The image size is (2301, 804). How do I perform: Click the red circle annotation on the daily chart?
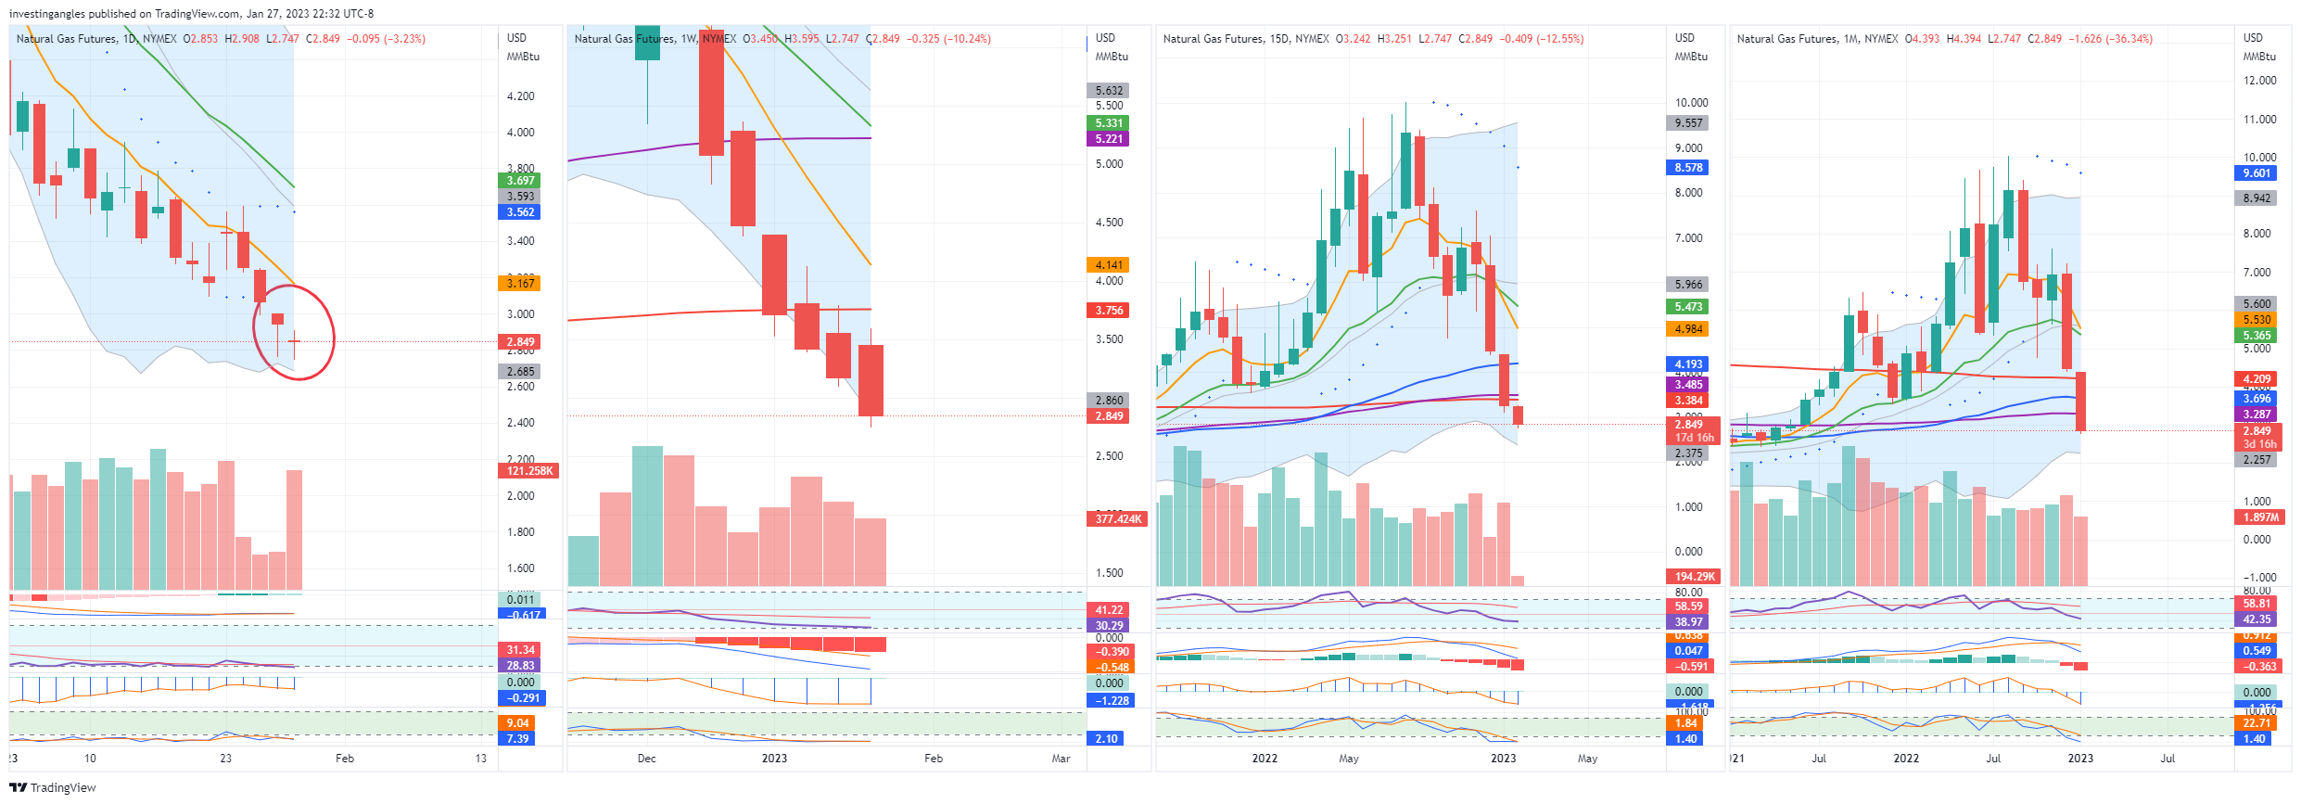coord(294,332)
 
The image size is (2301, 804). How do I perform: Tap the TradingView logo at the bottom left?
coord(53,787)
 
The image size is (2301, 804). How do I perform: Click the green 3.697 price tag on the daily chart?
coord(520,180)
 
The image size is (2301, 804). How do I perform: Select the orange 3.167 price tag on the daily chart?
coord(520,283)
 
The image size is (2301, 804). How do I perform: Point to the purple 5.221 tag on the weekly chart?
coord(1108,139)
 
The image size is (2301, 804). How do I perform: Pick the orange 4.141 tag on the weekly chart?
coord(1108,264)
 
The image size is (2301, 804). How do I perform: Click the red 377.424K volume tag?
coord(1117,518)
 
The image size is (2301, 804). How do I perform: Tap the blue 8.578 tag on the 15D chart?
coord(1688,168)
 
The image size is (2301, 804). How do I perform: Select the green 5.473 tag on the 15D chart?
coord(1688,306)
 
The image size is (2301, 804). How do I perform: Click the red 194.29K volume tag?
coord(1694,576)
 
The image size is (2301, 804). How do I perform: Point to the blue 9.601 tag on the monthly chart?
coord(2256,173)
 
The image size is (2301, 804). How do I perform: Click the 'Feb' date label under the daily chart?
coord(344,758)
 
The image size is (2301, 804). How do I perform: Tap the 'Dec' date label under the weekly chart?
coord(646,758)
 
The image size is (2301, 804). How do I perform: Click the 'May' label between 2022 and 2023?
coord(1348,758)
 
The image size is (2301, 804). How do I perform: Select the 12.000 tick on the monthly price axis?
coord(2258,81)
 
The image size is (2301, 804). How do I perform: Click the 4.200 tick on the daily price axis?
coord(520,96)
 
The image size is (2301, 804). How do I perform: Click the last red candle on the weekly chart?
coord(871,380)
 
